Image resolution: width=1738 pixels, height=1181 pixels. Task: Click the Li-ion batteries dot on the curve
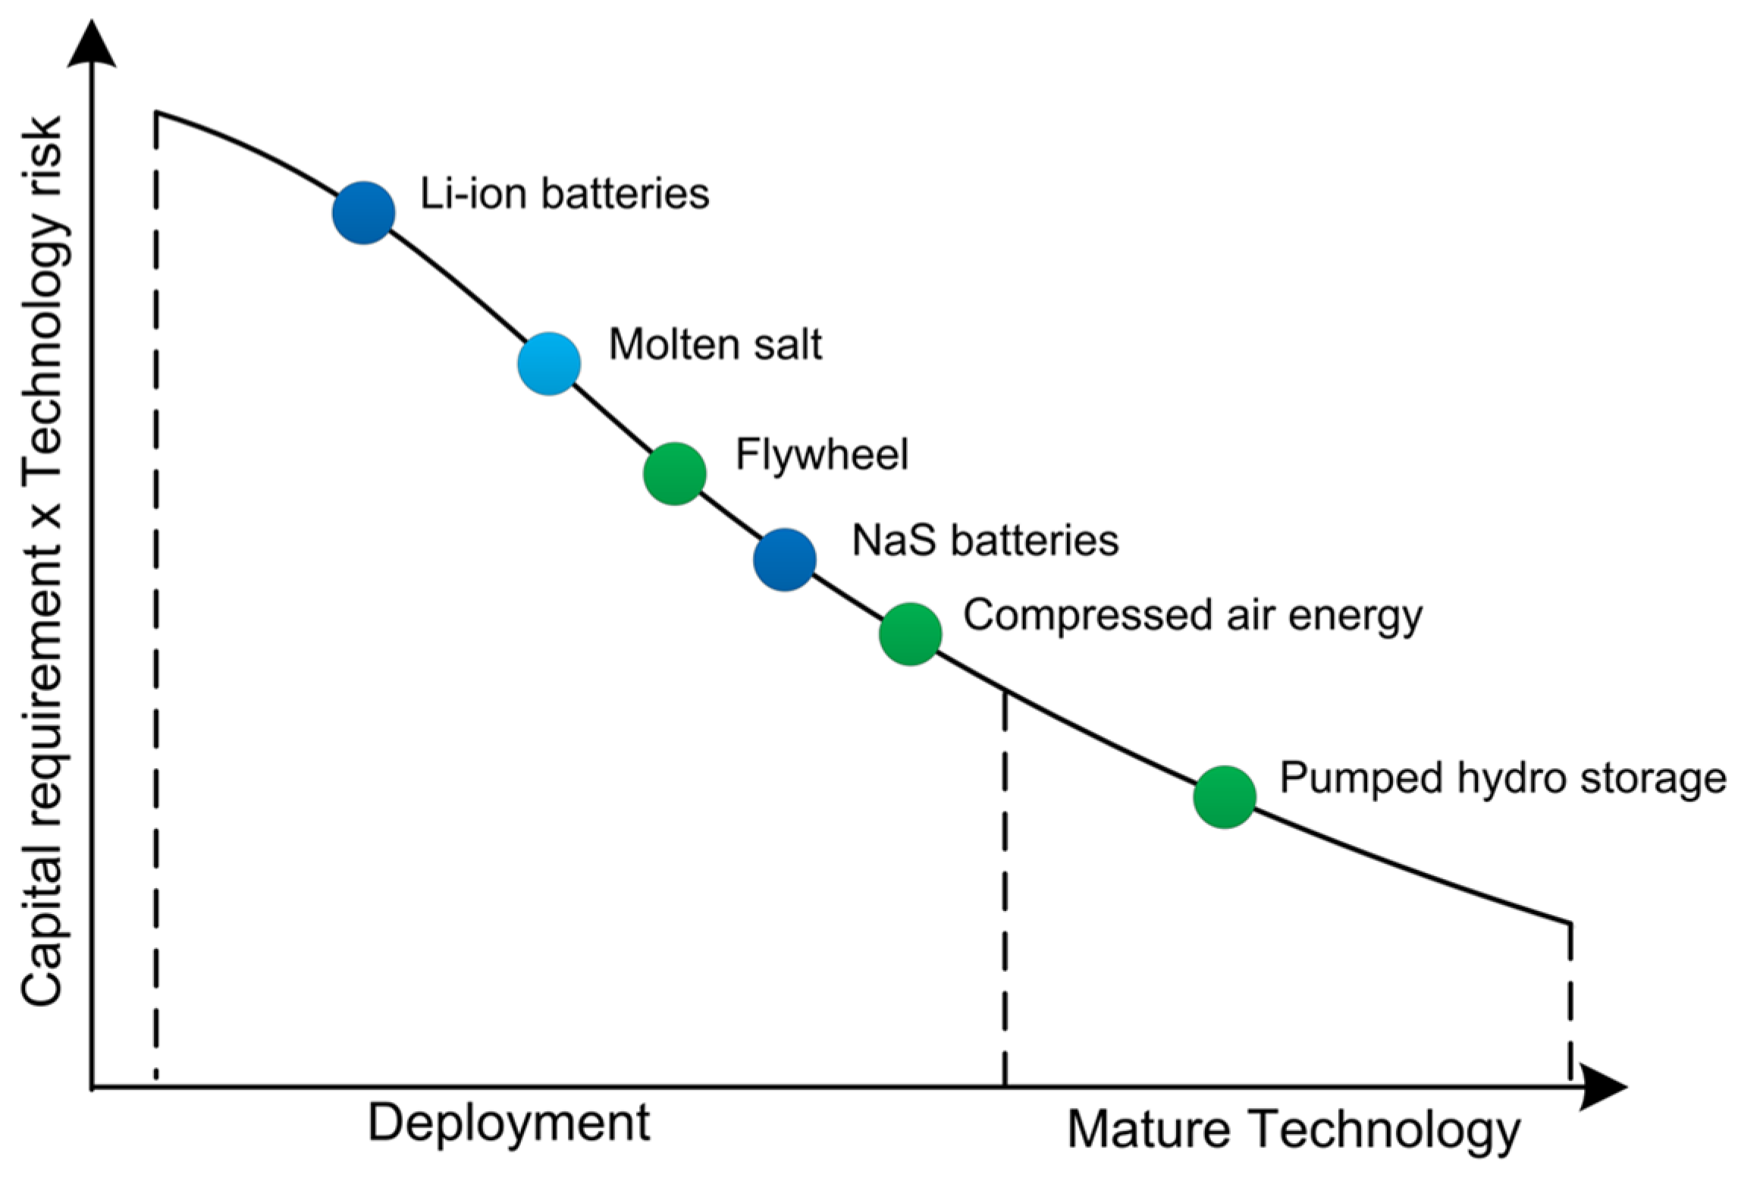pyautogui.click(x=364, y=213)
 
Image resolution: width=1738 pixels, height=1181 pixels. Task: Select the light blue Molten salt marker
pyautogui.click(x=549, y=364)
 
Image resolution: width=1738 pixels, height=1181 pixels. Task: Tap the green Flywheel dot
pyautogui.click(x=675, y=474)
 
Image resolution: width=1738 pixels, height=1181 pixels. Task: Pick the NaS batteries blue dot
pyautogui.click(x=785, y=560)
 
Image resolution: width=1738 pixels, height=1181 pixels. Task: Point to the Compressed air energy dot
pyautogui.click(x=911, y=634)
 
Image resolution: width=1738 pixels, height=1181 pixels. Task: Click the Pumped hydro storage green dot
pyautogui.click(x=1225, y=797)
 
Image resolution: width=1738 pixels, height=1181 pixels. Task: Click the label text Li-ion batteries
pyautogui.click(x=565, y=193)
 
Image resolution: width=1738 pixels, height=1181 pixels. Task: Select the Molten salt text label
pyautogui.click(x=715, y=344)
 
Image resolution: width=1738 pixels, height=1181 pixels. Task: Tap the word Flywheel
pyautogui.click(x=822, y=455)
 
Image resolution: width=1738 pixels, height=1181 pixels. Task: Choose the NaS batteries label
pyautogui.click(x=985, y=541)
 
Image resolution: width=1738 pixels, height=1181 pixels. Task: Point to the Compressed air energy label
pyautogui.click(x=1192, y=615)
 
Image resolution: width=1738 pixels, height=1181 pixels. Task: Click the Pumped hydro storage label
pyautogui.click(x=1502, y=778)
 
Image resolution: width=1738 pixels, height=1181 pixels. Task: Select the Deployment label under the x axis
pyautogui.click(x=509, y=1123)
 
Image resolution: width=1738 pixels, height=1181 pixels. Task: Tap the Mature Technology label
pyautogui.click(x=1294, y=1131)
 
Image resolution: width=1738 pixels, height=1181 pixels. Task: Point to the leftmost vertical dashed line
pyautogui.click(x=156, y=607)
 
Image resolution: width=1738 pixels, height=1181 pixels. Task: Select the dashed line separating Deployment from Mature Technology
pyautogui.click(x=1005, y=887)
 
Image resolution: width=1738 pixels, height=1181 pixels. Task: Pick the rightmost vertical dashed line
pyautogui.click(x=1569, y=1001)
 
